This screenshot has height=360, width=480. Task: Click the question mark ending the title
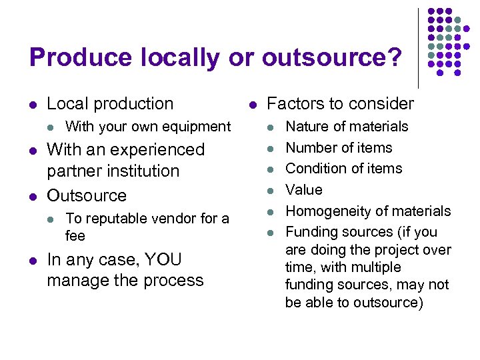pos(395,58)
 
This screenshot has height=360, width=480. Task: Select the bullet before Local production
pos(33,105)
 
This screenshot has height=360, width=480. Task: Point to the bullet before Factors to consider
pos(252,105)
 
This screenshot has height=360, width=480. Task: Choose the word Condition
pos(316,168)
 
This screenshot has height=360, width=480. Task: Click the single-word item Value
pos(304,189)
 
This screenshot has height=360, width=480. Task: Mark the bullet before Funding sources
pos(271,233)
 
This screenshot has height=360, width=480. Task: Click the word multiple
pos(377,267)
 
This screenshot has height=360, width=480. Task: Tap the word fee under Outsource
pos(75,235)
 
